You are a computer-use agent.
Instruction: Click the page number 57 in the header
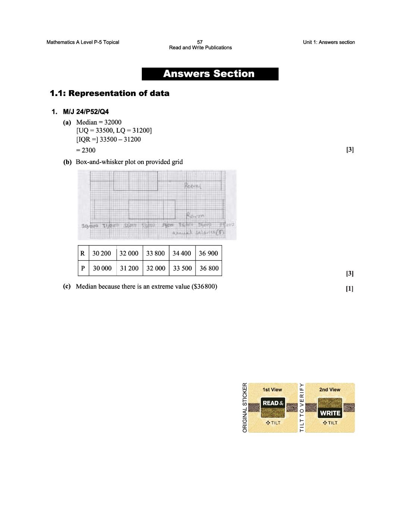coord(200,42)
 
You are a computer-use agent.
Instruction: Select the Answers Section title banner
coord(210,74)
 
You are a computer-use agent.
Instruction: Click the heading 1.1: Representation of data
coord(109,93)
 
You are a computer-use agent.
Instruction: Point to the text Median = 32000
coord(99,122)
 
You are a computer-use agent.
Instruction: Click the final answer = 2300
coord(86,150)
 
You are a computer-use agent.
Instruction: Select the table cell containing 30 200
coord(102,253)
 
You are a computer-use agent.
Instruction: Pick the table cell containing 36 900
coord(208,253)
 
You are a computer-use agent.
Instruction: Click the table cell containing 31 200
coord(129,268)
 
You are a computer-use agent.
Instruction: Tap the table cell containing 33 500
coord(182,268)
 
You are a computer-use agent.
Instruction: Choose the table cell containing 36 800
coord(209,268)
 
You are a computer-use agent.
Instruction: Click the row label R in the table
coord(82,253)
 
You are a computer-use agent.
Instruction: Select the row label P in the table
coord(83,268)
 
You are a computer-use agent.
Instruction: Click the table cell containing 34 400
coord(182,253)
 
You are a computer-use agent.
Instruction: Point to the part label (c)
coord(67,287)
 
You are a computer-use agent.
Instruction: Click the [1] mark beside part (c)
coord(349,288)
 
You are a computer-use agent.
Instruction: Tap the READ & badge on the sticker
coord(273,403)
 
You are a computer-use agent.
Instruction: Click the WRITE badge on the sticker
coord(330,413)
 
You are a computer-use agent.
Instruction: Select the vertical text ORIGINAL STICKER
coord(245,408)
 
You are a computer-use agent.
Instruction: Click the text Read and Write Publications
coord(200,48)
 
